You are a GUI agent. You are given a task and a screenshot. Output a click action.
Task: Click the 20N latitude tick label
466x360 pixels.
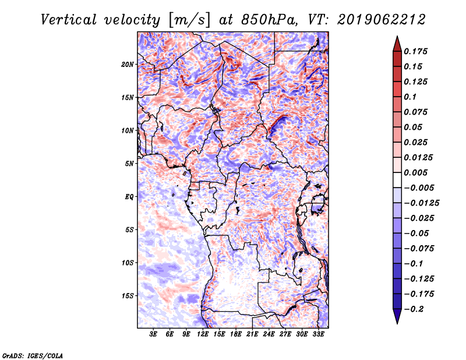128,64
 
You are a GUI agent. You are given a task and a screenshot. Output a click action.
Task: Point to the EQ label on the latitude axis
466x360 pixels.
129,196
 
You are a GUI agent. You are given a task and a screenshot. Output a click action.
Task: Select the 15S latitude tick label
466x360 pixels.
128,295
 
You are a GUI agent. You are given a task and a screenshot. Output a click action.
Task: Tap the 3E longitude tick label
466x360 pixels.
154,334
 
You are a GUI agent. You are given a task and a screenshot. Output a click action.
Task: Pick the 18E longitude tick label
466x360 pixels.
236,334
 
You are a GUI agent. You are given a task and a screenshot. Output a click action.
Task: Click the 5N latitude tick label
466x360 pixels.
129,163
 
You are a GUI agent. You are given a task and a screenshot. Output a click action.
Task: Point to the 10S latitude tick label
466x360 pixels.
128,262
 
